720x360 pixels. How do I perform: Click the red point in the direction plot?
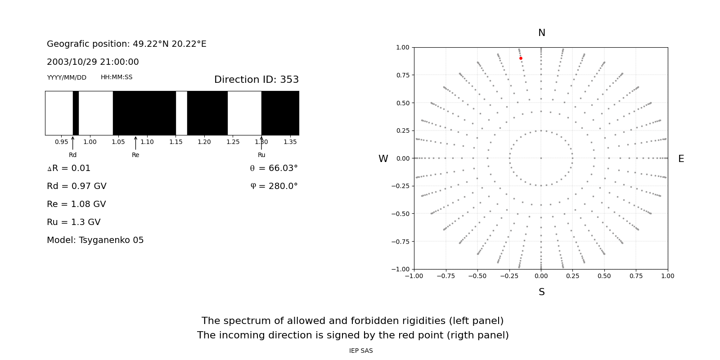(x=521, y=58)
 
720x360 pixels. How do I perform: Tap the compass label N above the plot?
(x=541, y=33)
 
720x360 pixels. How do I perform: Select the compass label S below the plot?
(x=541, y=292)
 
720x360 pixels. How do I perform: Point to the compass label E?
(x=681, y=159)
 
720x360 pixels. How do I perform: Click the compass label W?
(x=383, y=159)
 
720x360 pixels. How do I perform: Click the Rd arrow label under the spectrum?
(x=72, y=155)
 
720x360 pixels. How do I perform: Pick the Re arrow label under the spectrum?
(x=135, y=155)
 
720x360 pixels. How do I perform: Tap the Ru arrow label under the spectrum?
(x=261, y=155)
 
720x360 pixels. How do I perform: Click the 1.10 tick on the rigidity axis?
(x=147, y=142)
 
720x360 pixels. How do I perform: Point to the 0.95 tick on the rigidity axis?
(x=62, y=142)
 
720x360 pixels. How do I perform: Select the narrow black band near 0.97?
(x=76, y=113)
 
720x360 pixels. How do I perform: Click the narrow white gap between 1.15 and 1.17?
(x=181, y=113)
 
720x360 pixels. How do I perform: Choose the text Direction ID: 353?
(x=256, y=80)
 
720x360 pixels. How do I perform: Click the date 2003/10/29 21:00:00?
(x=93, y=62)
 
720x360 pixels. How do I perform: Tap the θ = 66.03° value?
(x=274, y=168)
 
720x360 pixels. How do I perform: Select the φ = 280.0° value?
(x=274, y=186)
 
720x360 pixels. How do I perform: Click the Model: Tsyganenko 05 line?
(x=95, y=240)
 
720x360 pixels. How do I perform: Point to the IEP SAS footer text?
(x=361, y=351)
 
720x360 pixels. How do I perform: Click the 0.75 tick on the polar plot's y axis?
(x=403, y=75)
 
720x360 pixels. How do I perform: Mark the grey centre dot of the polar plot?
(x=541, y=158)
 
